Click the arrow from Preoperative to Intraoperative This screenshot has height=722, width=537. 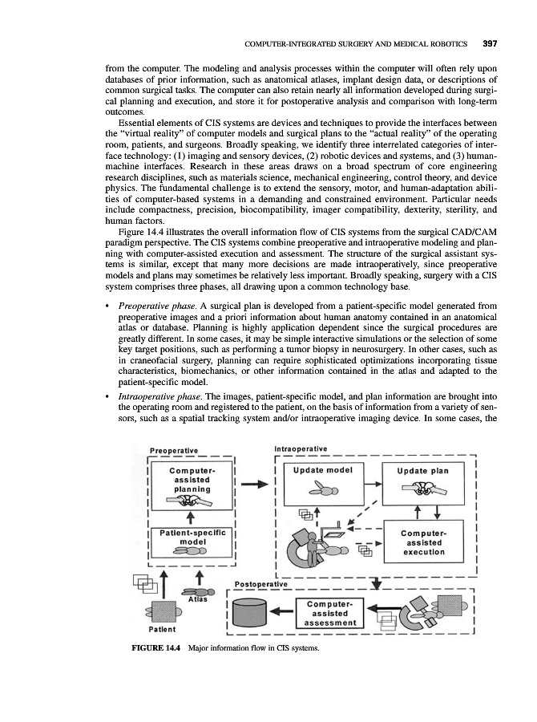[x=253, y=485]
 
